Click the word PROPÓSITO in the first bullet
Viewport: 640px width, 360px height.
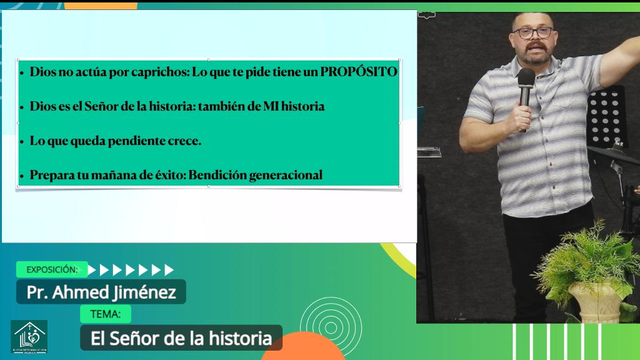point(359,72)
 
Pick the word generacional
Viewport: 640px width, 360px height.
point(286,175)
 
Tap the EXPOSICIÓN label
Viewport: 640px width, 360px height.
point(52,270)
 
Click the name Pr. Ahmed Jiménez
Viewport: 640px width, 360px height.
point(101,292)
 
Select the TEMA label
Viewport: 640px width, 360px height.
point(106,314)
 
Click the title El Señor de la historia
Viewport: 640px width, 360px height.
point(181,339)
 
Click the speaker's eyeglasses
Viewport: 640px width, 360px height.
point(532,32)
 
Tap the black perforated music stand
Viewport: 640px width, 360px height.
point(607,116)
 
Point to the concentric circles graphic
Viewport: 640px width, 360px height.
point(331,326)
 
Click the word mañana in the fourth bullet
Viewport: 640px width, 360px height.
point(144,175)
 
